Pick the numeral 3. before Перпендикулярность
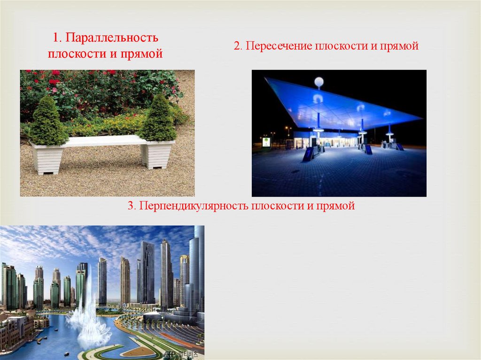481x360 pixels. click(132, 206)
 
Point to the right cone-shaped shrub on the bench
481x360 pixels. click(158, 120)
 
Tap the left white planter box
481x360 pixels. click(47, 159)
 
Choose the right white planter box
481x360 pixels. click(158, 153)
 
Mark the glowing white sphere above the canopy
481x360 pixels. click(319, 82)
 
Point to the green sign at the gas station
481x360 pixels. click(266, 141)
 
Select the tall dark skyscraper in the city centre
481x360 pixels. click(147, 272)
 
